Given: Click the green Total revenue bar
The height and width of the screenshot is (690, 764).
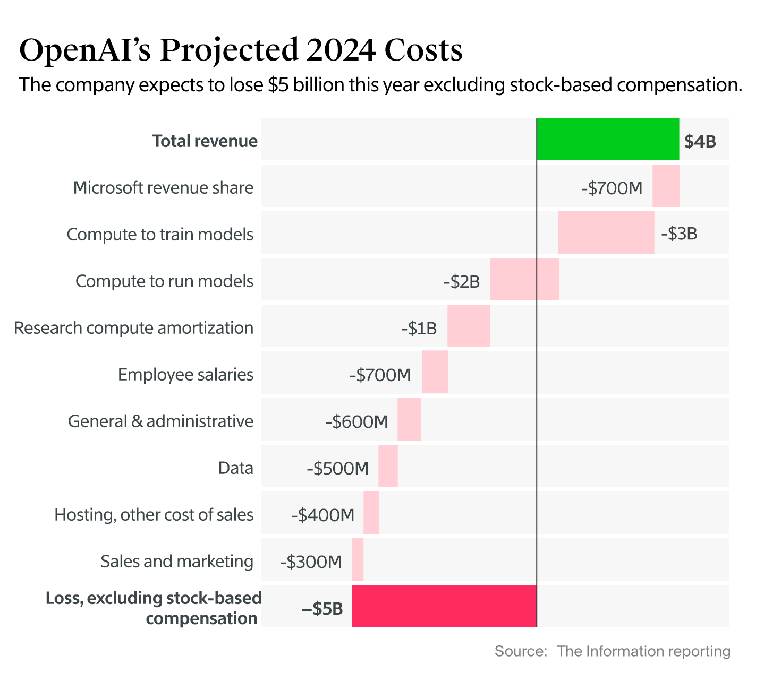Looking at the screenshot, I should point(608,139).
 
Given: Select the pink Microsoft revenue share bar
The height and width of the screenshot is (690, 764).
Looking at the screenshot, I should point(666,186).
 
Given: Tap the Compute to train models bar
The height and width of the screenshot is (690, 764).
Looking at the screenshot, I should point(606,232).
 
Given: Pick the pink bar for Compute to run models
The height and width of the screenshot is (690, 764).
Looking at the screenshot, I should point(524,279).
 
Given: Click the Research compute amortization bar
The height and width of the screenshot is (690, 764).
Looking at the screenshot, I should point(468,326).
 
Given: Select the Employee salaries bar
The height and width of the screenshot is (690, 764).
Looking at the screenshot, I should point(435,372).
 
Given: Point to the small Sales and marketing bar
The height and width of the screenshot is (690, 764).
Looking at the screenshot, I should point(358,559).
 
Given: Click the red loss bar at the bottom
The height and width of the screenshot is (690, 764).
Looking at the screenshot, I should point(444,606).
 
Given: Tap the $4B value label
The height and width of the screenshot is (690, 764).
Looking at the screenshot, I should point(700,142).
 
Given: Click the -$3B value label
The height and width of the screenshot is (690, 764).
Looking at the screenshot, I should point(678,234).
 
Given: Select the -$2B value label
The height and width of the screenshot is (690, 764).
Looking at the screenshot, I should point(461,281).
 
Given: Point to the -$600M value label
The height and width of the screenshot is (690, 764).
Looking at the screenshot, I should point(356,422).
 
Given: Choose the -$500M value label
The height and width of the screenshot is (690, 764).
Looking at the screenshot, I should point(337,469).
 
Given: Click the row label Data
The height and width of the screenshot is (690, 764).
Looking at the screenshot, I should point(235,468).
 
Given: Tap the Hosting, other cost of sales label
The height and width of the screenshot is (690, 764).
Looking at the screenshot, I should point(154,515).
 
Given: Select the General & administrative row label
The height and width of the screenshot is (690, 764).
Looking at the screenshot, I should point(160,421).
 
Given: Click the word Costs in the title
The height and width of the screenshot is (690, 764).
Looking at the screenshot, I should point(423,50).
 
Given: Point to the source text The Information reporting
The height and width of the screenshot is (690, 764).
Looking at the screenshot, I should point(643,651).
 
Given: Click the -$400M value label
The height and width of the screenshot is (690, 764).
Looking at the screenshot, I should point(322,515).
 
